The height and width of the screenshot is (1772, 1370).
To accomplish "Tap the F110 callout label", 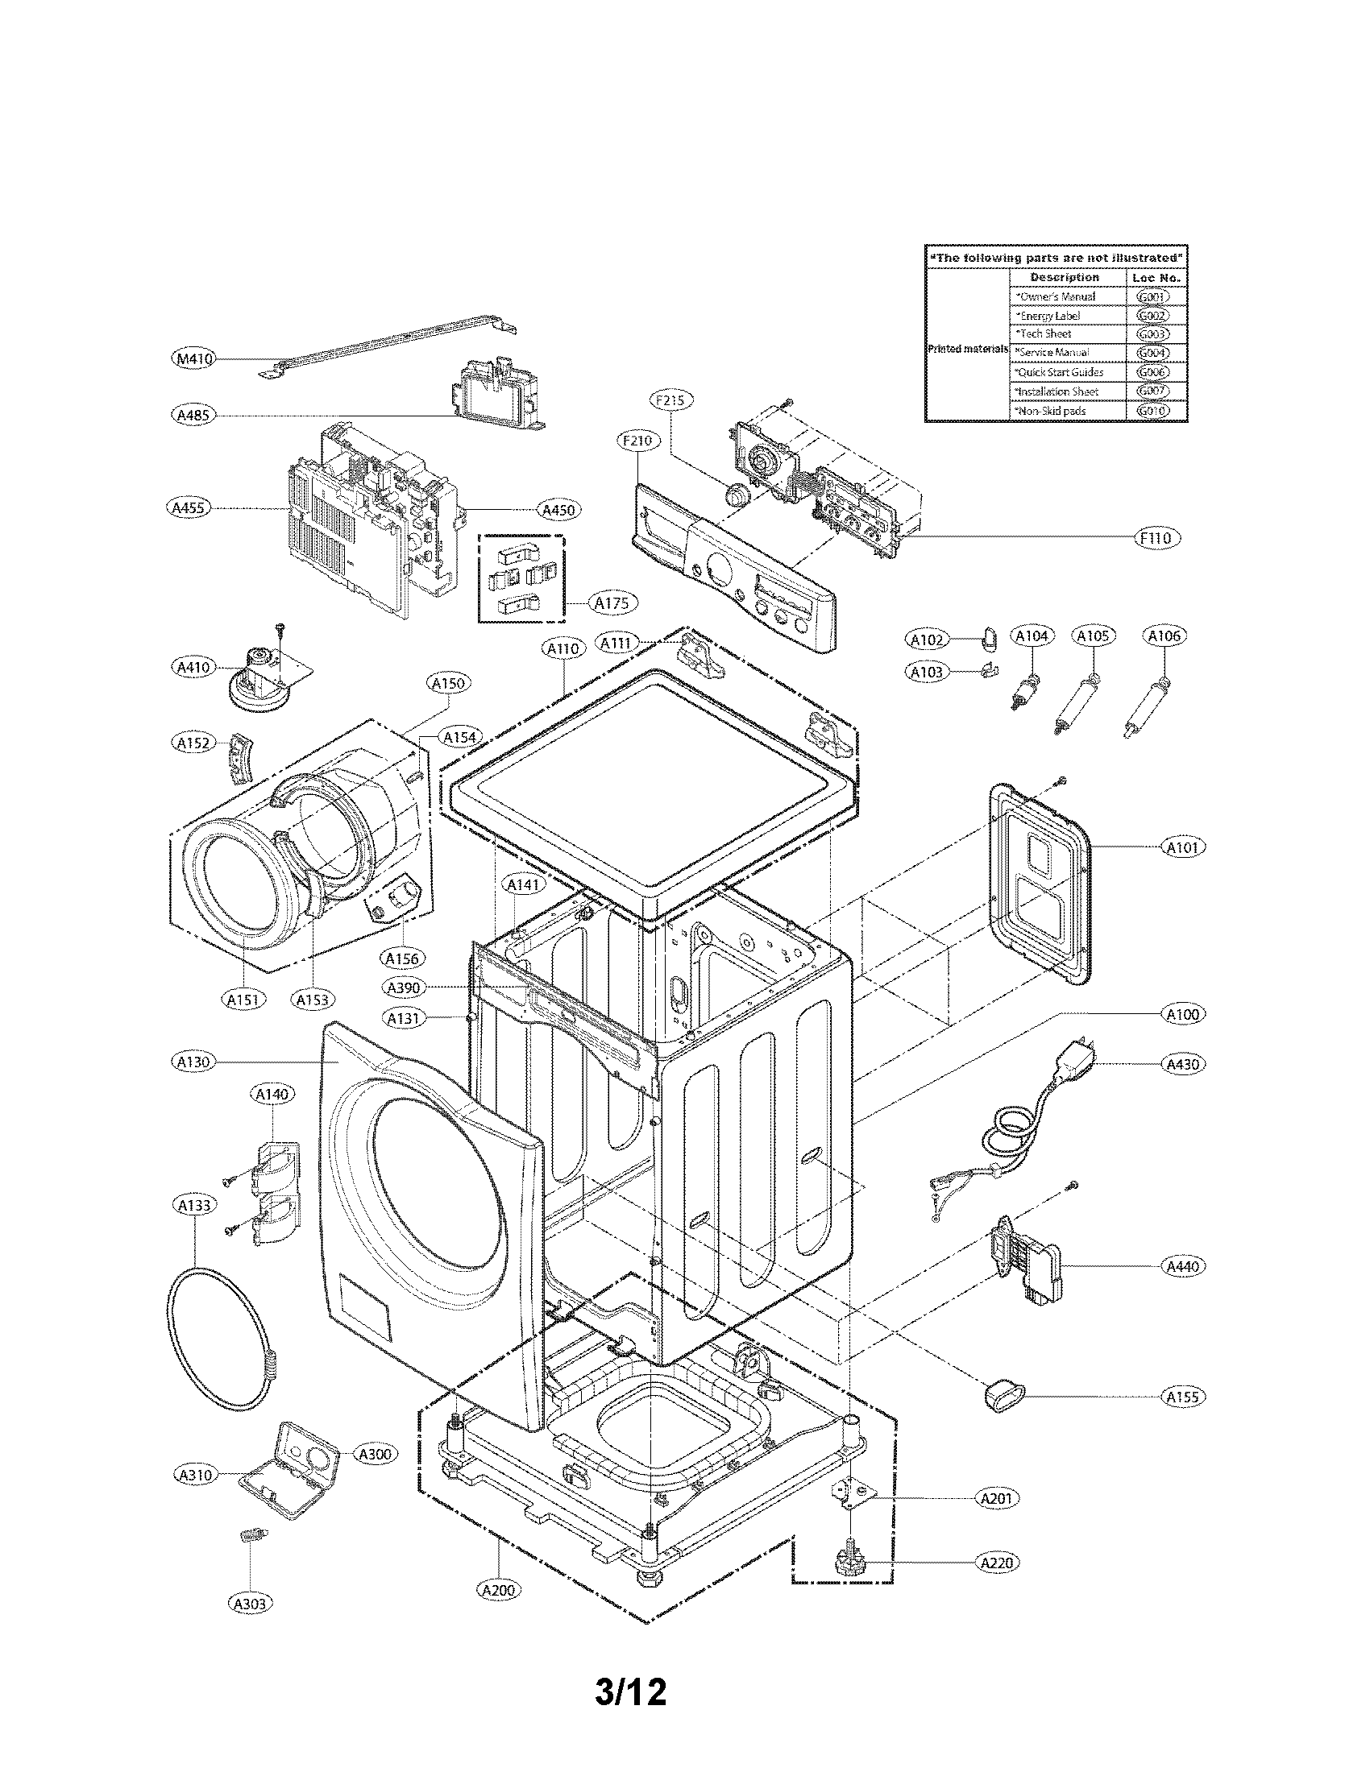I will pyautogui.click(x=1156, y=537).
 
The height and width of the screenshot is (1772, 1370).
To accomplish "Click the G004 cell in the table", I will pyautogui.click(x=1152, y=353).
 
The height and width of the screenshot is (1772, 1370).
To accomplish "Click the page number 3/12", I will pyautogui.click(x=631, y=1692).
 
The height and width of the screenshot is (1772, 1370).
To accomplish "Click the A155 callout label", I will pyautogui.click(x=1184, y=1397).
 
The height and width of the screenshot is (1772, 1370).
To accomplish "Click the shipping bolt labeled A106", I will pyautogui.click(x=1148, y=702).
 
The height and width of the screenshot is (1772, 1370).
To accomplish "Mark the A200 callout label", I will pyautogui.click(x=497, y=1590).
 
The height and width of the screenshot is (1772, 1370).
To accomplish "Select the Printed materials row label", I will pyautogui.click(x=966, y=349).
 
